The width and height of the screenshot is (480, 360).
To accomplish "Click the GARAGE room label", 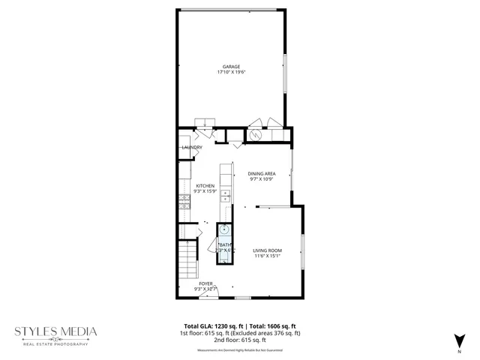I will (230, 66).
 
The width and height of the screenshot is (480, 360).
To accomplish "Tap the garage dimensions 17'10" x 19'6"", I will (230, 72).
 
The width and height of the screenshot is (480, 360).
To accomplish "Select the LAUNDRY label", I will (192, 148).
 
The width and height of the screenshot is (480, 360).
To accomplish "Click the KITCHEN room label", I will (205, 186).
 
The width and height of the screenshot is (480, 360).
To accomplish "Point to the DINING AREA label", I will (262, 174).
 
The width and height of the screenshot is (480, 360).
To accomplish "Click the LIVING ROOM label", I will (266, 250).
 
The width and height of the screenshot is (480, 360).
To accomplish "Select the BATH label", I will (225, 244).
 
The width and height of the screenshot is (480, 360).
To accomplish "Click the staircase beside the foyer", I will (187, 259).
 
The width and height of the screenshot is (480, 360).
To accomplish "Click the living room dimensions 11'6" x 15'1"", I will (266, 256).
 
